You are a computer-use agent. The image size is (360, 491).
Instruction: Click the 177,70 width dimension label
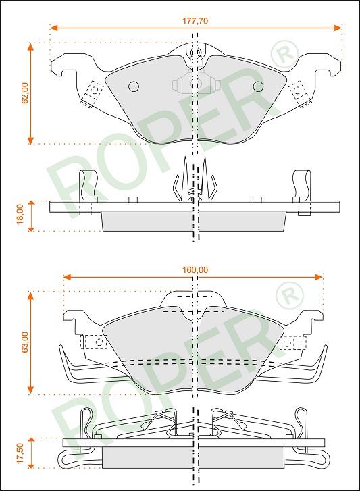[x=195, y=21]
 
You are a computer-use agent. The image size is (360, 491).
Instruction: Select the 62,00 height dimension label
[x=25, y=93]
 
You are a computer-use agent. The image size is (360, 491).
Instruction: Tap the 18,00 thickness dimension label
[x=20, y=215]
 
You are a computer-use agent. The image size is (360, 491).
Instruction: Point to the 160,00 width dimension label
[x=195, y=269]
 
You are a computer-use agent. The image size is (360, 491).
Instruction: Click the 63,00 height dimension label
[x=25, y=342]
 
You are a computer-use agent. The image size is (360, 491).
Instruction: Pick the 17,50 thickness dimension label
[x=20, y=453]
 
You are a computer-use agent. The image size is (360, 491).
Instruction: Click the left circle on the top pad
[x=134, y=86]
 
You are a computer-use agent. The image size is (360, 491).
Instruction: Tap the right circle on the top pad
[x=258, y=86]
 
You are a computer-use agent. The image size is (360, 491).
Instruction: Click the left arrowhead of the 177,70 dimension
[x=54, y=28]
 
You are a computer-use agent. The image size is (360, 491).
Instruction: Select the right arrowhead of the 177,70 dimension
[x=338, y=28]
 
